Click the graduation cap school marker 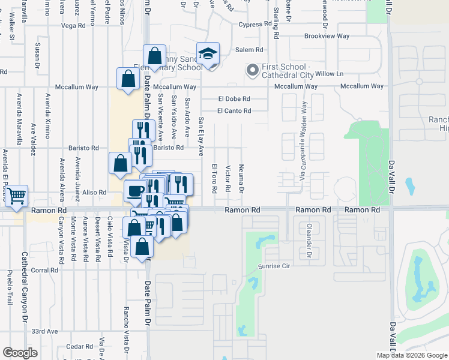[x=208, y=55]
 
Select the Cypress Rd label [x=255, y=25]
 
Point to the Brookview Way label [x=327, y=36]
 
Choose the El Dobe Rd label [x=234, y=98]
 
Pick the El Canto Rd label [x=234, y=110]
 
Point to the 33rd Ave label [x=44, y=331]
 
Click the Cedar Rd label [x=79, y=346]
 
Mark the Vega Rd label [x=74, y=26]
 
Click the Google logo [x=20, y=353]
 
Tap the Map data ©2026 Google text [x=411, y=355]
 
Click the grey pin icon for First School [x=252, y=70]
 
